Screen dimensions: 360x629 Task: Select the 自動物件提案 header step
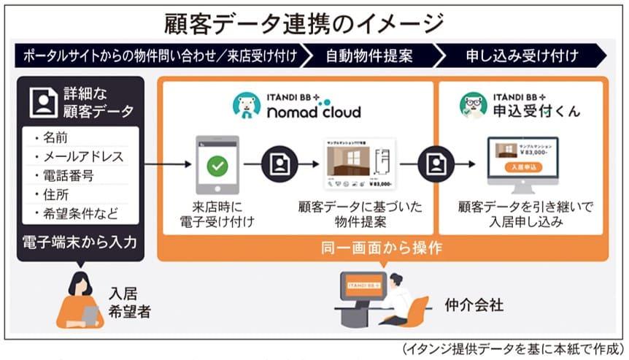tap(368, 55)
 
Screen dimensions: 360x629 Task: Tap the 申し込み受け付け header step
tap(522, 55)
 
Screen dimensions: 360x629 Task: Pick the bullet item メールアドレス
tap(81, 156)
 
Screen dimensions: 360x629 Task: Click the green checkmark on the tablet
tap(217, 166)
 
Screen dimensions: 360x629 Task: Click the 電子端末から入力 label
tap(79, 242)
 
